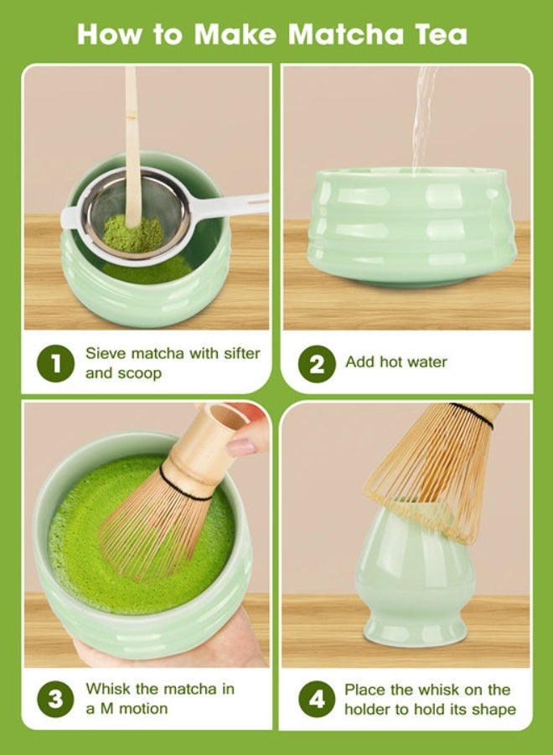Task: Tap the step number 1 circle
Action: [56, 363]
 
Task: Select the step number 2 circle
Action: [316, 363]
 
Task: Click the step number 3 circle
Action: [56, 699]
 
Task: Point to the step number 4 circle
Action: [316, 699]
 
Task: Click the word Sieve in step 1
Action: [105, 353]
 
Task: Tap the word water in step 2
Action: [426, 362]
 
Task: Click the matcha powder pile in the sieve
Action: [133, 232]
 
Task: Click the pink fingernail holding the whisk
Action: [241, 446]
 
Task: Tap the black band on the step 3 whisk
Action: [184, 487]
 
